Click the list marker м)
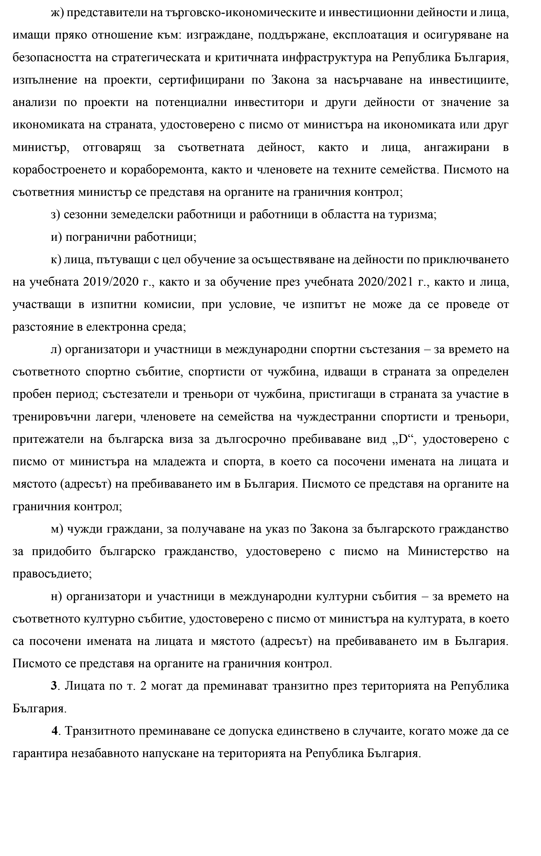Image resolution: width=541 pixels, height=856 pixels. click(56, 529)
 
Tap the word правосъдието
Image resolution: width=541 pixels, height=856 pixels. click(52, 574)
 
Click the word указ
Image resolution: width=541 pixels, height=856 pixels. click(277, 529)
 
